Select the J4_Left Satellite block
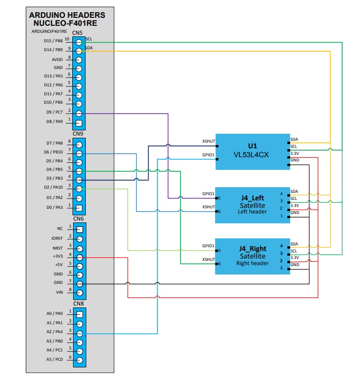pyautogui.click(x=253, y=205)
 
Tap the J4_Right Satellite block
pyautogui.click(x=253, y=256)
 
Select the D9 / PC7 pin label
pyautogui.click(x=52, y=113)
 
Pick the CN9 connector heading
pyautogui.click(x=78, y=134)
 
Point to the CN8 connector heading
pyautogui.click(x=78, y=304)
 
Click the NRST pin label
pyautogui.click(x=58, y=248)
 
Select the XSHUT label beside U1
pyautogui.click(x=208, y=141)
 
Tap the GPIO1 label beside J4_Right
pyautogui.click(x=208, y=245)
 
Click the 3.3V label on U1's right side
pyautogui.click(x=294, y=153)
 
